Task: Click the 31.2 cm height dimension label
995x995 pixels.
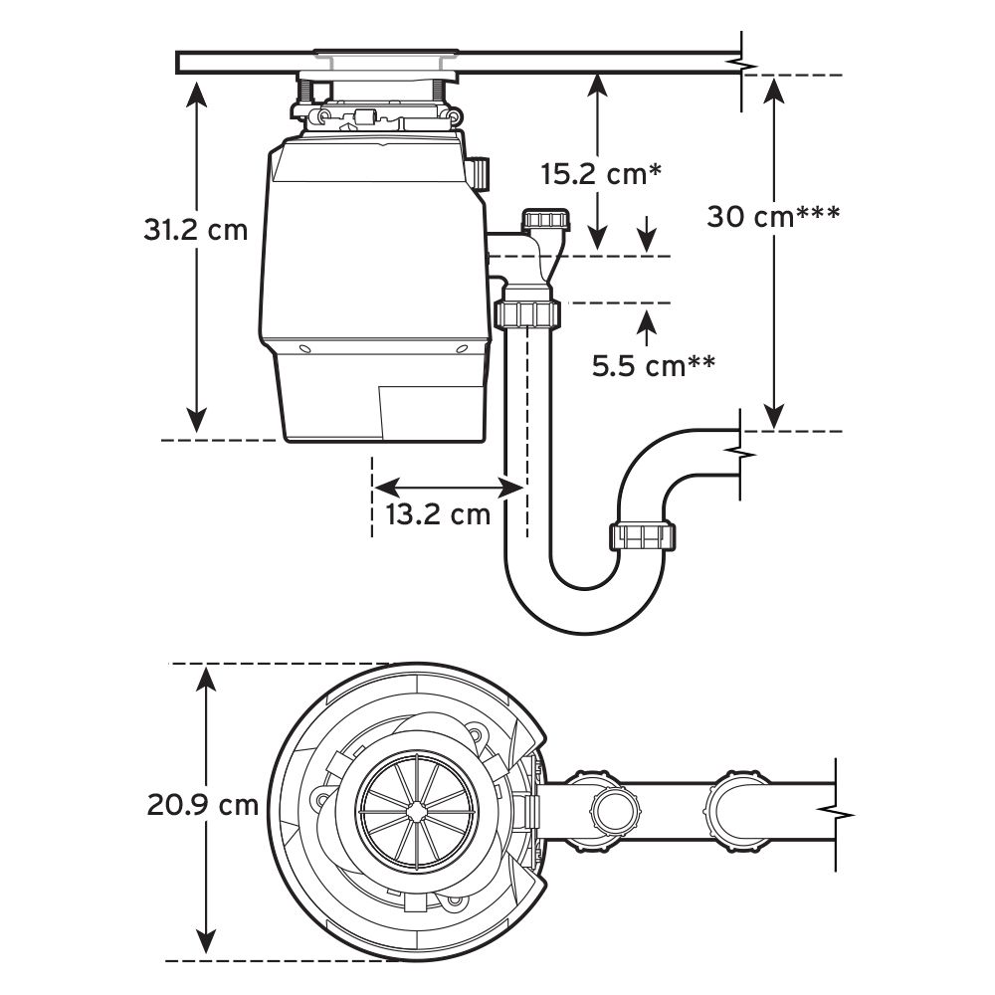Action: (x=195, y=231)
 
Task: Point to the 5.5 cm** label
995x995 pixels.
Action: (x=654, y=366)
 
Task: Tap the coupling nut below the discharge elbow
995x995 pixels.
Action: (x=527, y=314)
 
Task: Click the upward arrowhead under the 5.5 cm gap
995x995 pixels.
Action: (x=648, y=320)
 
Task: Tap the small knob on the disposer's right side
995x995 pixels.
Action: (x=482, y=173)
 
